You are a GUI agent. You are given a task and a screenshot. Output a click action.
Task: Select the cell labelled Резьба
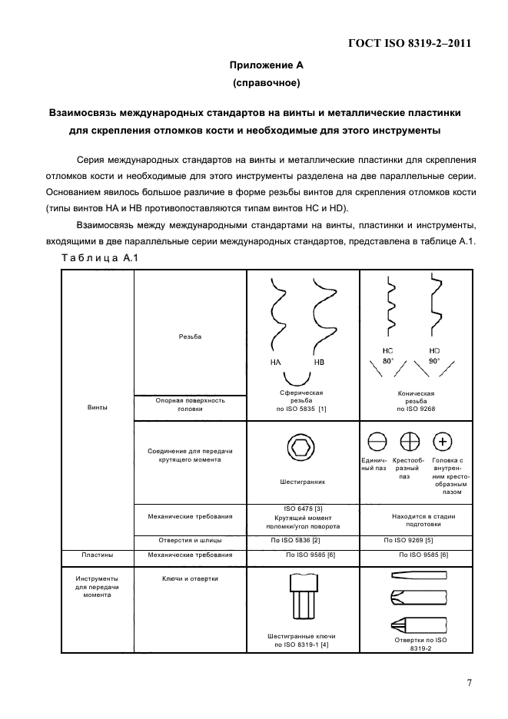coord(190,336)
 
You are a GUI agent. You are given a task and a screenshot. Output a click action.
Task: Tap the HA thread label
coord(275,362)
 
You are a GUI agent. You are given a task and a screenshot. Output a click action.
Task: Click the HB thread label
coord(320,362)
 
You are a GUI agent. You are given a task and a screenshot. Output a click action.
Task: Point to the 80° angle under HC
coord(389,360)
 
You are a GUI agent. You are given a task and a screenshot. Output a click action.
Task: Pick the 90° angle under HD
coord(434,360)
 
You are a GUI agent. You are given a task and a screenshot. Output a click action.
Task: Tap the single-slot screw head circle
coord(377,442)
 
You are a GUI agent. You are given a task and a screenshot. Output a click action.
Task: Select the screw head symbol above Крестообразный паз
coord(410,442)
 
